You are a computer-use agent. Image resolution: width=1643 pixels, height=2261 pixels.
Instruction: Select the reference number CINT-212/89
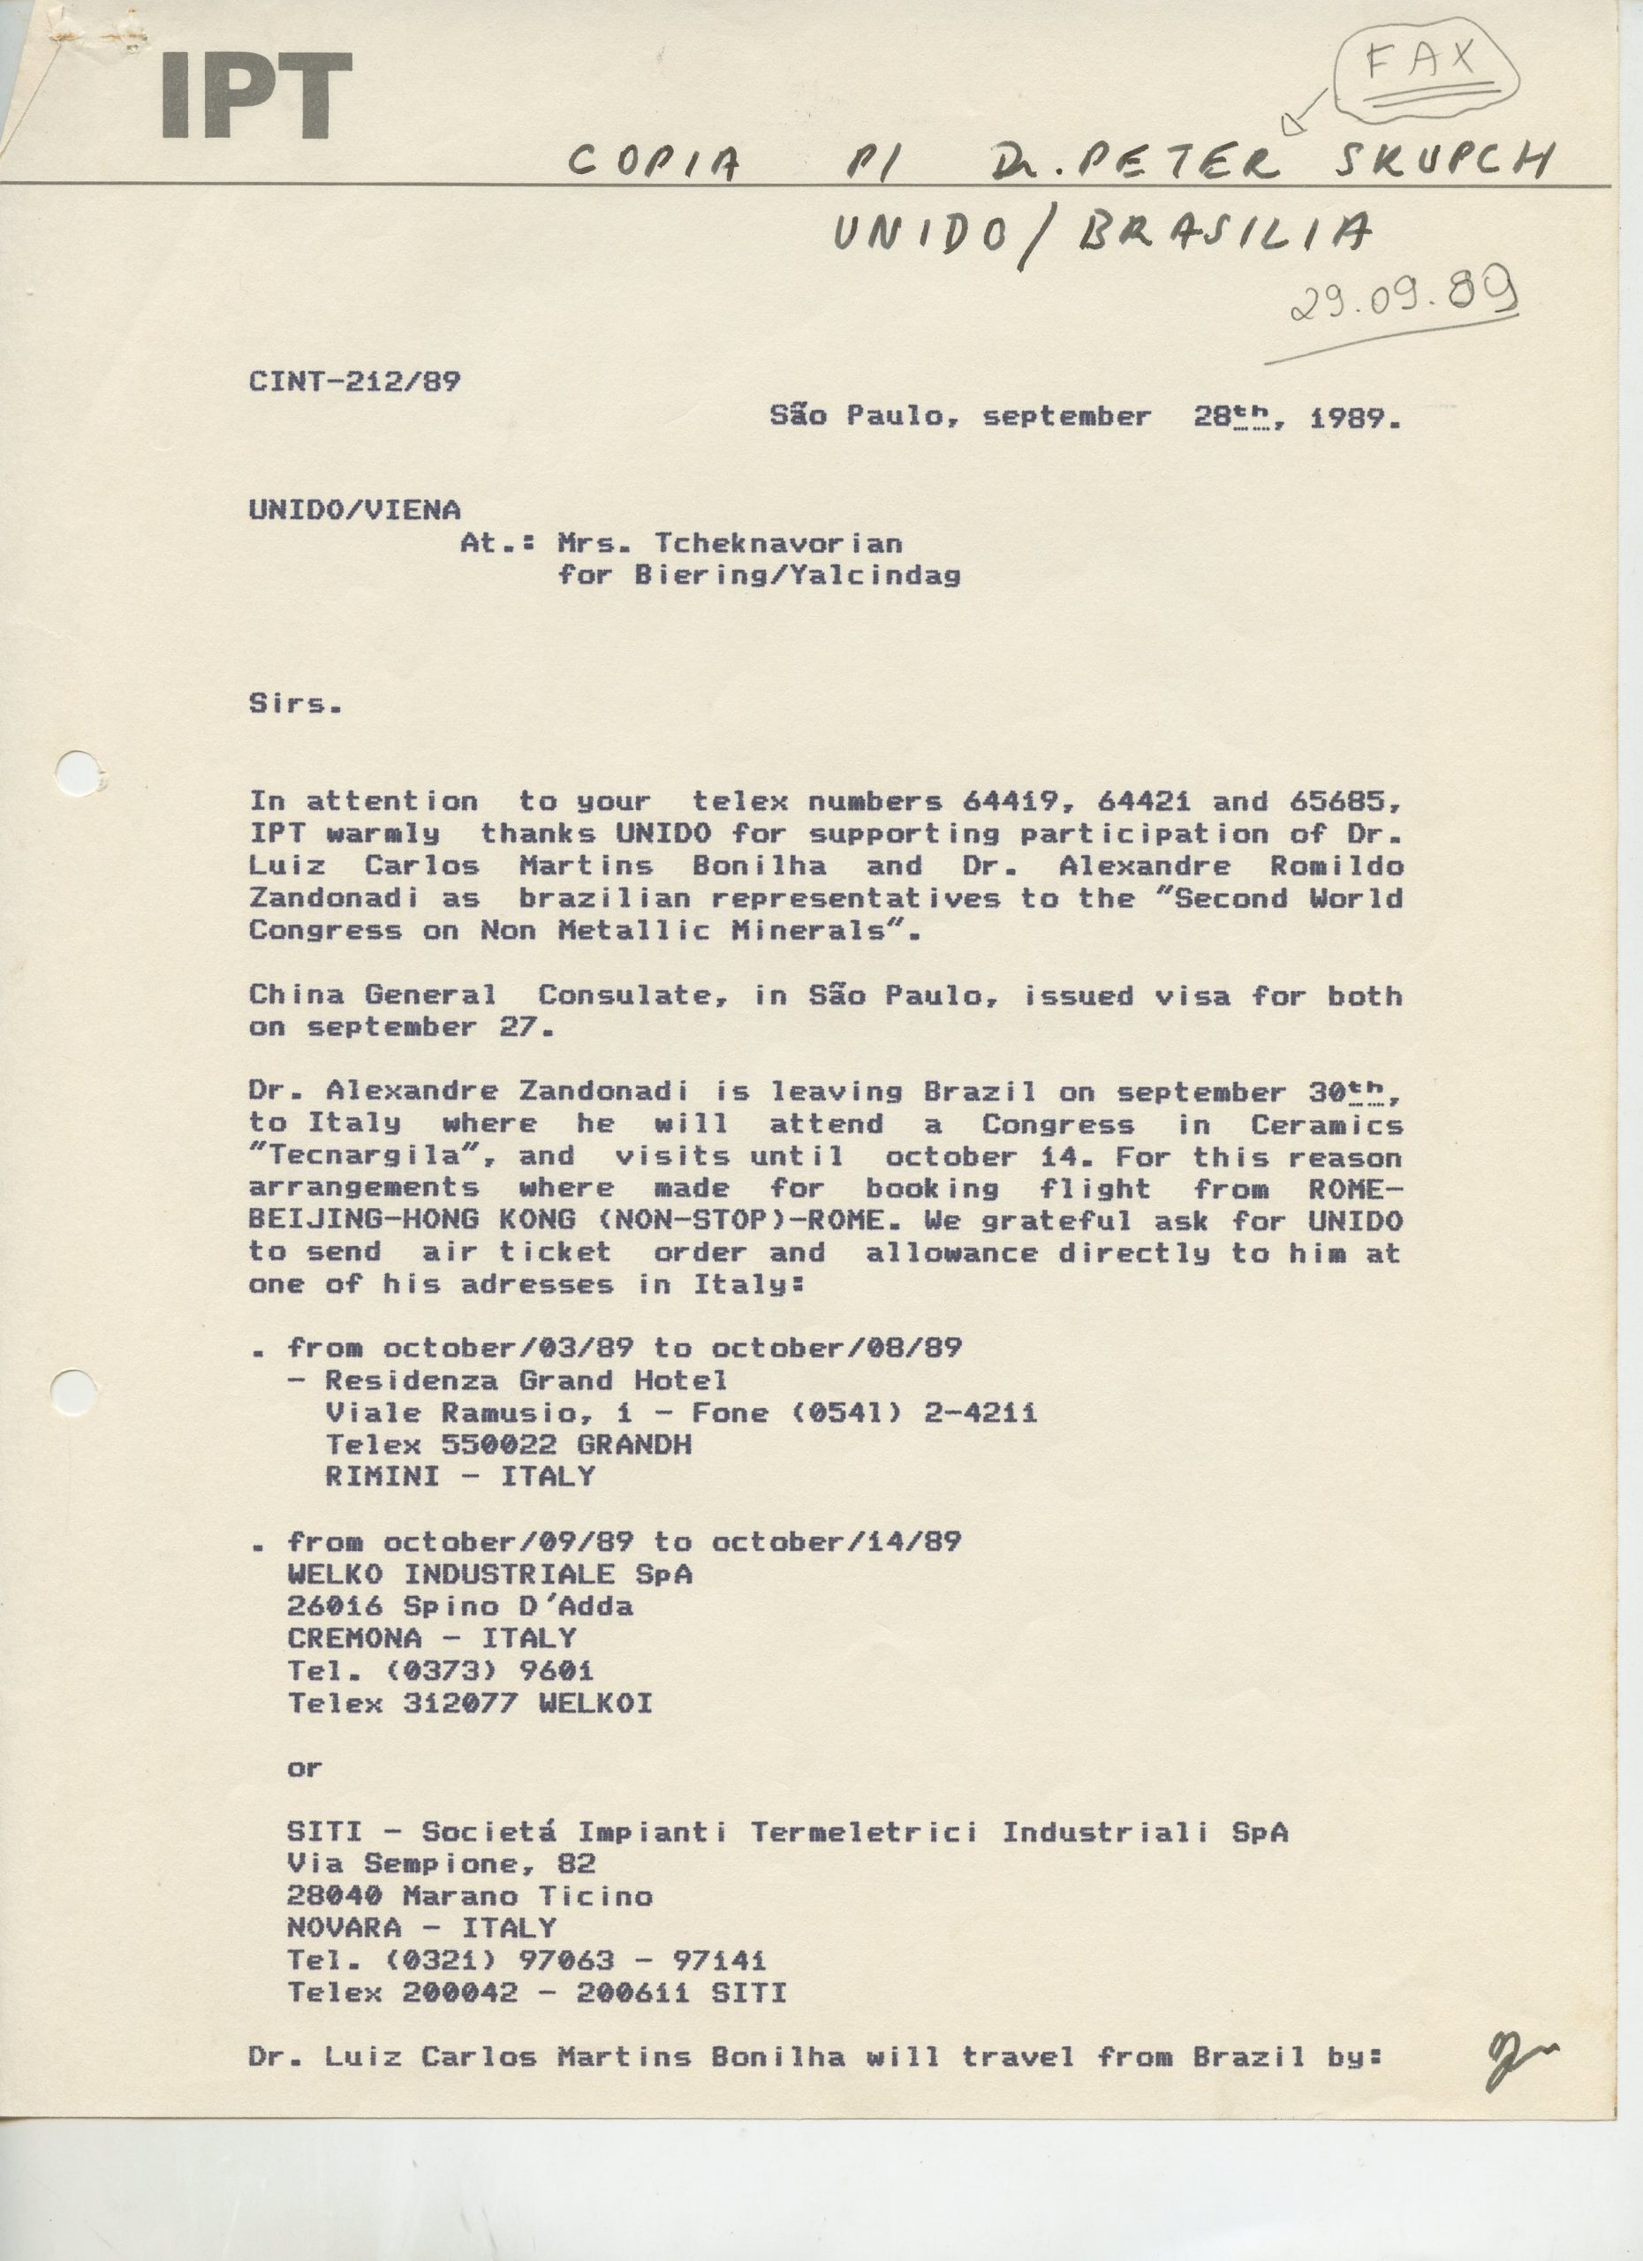(x=355, y=382)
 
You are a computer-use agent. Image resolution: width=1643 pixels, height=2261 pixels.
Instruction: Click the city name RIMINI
(x=382, y=1477)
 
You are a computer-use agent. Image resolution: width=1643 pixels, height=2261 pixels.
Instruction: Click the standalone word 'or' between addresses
(x=304, y=1768)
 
